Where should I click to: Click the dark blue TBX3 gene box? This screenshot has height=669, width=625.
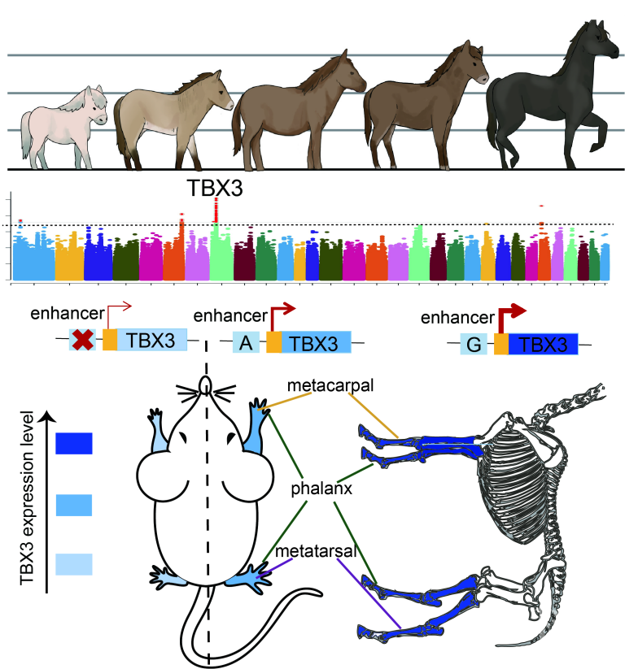544,345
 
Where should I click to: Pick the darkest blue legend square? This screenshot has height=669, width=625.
74,443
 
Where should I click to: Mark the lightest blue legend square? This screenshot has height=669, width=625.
74,563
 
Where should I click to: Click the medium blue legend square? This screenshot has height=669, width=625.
74,504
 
